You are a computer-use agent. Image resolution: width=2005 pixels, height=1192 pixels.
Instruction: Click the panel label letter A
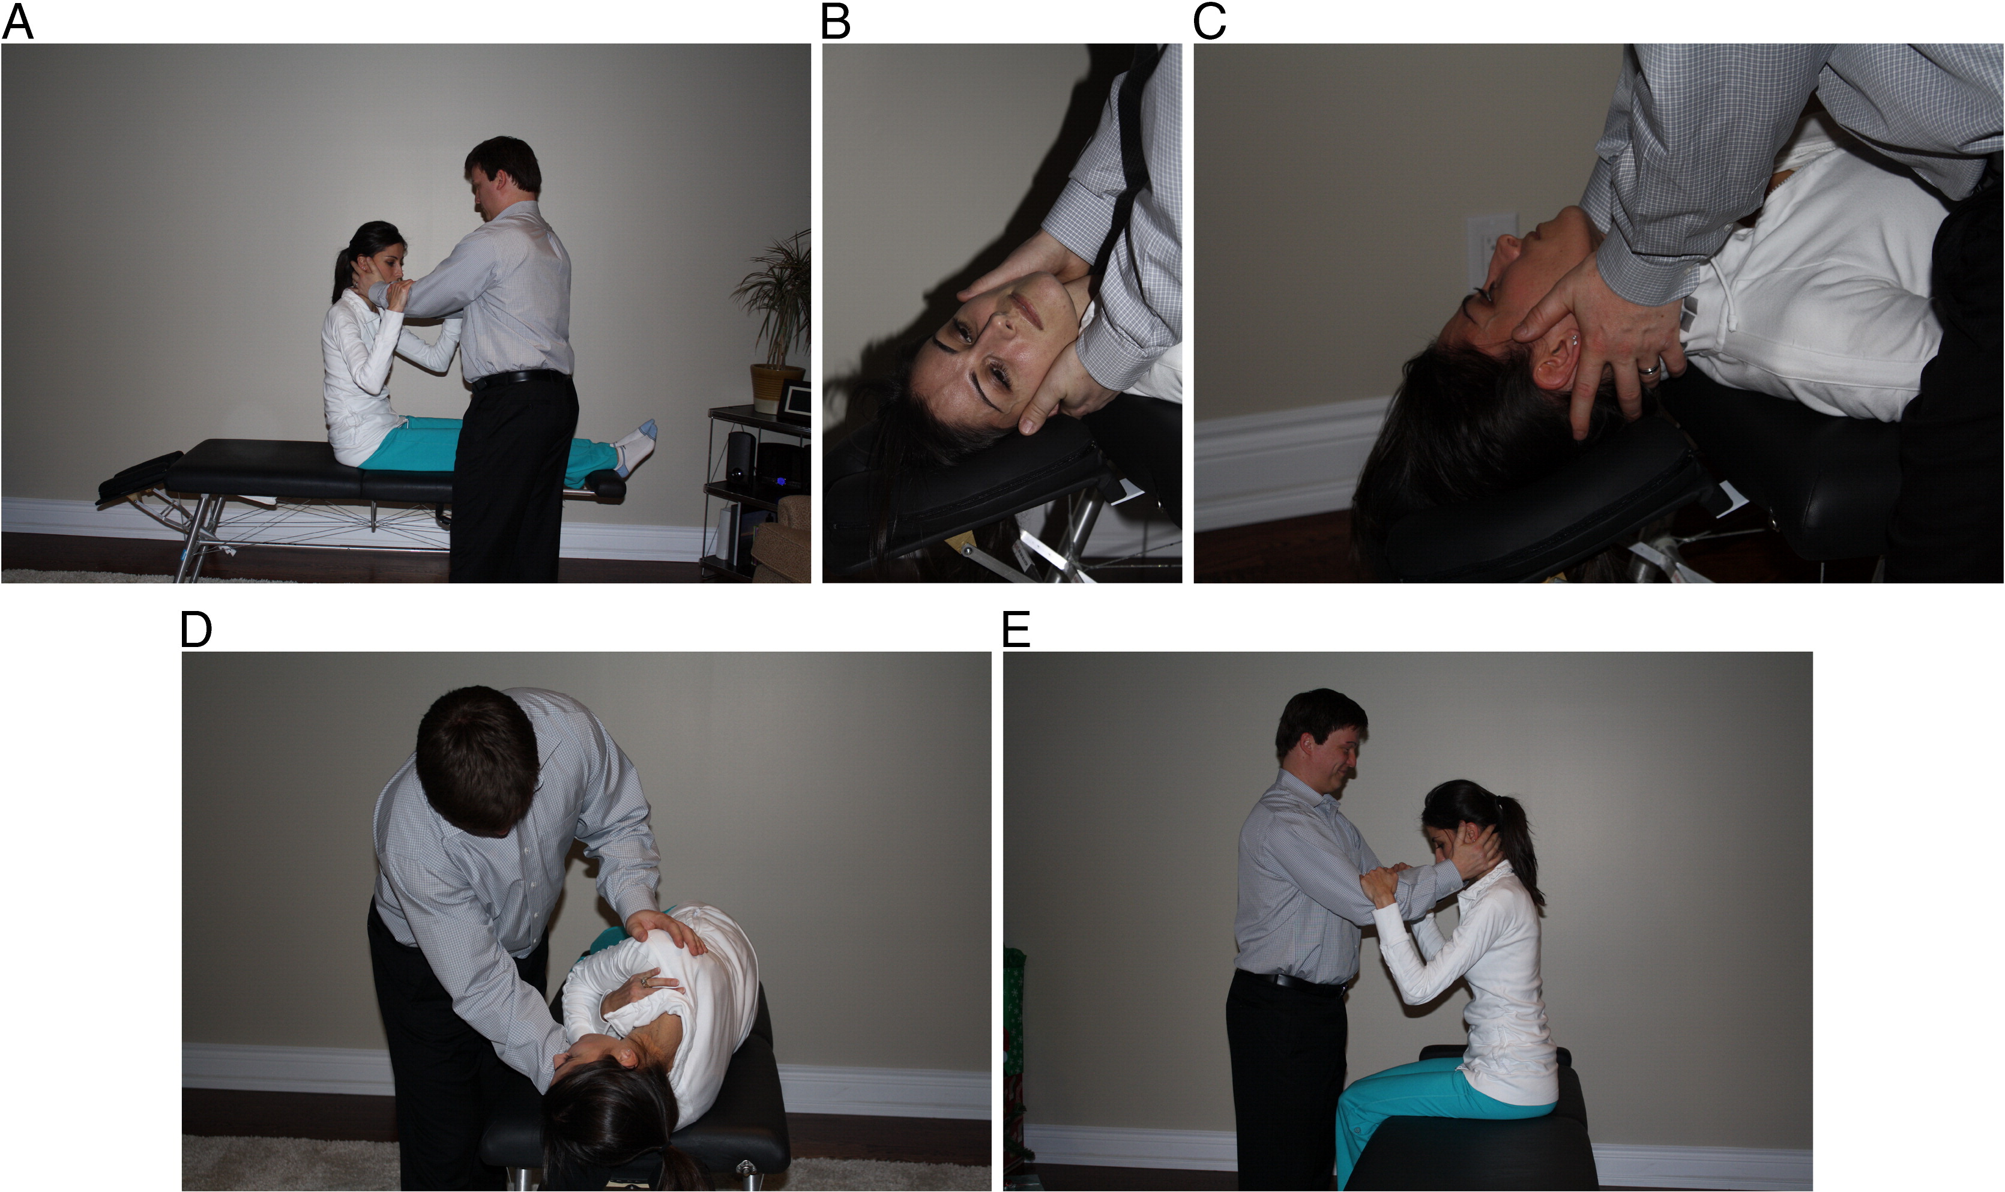pos(17,22)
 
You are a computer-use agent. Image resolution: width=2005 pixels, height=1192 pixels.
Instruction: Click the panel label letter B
pos(836,22)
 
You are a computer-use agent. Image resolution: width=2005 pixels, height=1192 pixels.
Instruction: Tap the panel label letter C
pos(1209,22)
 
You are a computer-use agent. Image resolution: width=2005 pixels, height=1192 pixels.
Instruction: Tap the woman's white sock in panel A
pos(635,446)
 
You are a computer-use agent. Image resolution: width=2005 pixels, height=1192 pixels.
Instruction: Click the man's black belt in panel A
pos(520,377)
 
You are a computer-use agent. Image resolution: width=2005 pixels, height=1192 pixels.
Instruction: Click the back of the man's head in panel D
pos(477,760)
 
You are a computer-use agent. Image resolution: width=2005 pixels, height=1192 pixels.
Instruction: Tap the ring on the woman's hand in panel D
pos(644,981)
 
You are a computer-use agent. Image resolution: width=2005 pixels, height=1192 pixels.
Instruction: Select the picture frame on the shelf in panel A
pos(794,402)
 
